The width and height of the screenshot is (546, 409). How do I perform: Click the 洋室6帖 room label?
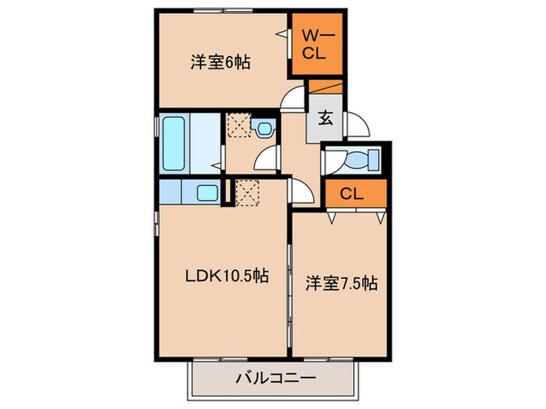coord(220,62)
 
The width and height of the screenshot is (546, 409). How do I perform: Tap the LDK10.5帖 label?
coord(227,275)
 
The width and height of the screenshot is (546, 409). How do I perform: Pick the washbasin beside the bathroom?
coord(264,128)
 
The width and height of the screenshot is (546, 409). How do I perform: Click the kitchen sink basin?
coord(207,193)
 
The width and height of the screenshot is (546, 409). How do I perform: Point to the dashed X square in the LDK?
coord(246,191)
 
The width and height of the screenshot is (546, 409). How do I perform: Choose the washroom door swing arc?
coord(267,157)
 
